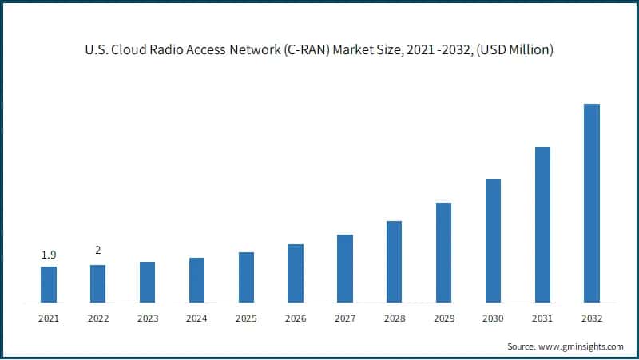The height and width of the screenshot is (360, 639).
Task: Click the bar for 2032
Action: (591, 204)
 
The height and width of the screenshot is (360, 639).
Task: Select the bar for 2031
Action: (542, 225)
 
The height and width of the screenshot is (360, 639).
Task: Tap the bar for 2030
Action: (493, 241)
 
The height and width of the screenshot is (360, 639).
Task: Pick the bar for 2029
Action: (443, 253)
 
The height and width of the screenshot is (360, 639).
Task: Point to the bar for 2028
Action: (394, 262)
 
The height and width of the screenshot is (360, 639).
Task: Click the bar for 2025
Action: (246, 278)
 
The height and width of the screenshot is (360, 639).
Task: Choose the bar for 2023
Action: (147, 283)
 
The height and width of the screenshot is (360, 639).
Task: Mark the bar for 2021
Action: (49, 285)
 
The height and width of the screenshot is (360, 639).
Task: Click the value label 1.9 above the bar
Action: (48, 255)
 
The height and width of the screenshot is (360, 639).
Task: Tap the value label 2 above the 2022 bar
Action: (97, 251)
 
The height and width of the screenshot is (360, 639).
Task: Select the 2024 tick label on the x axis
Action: (196, 318)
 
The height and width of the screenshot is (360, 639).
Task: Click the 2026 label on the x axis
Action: (296, 318)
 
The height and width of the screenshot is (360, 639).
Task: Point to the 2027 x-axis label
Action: (344, 318)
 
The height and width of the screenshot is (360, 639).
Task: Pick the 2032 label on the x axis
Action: (591, 318)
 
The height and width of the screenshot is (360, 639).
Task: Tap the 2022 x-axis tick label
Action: (97, 318)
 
